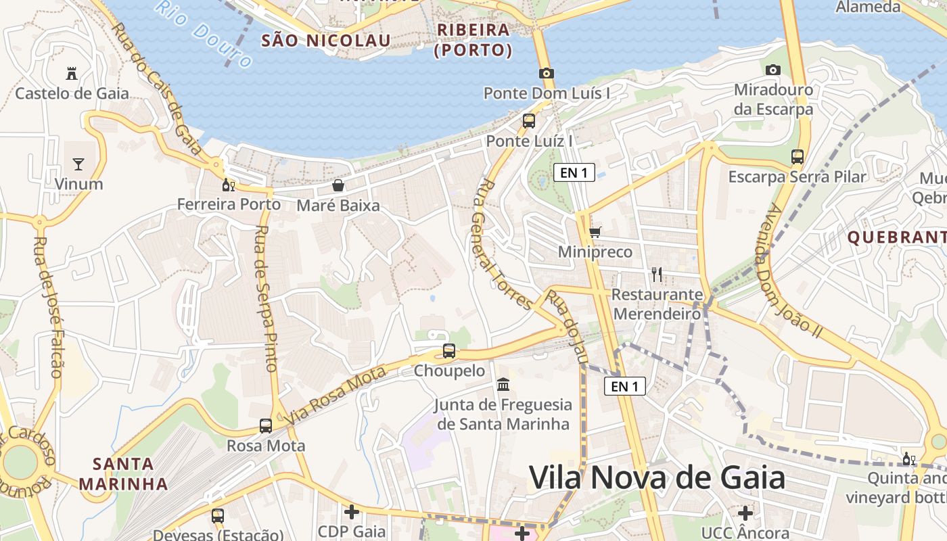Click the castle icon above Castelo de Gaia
coord(72,73)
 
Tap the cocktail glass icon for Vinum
coord(78,164)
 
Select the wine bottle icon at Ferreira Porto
coord(229,185)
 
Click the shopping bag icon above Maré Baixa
coord(338,185)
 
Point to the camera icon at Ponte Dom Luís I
coord(547,73)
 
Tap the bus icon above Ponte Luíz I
coord(529,121)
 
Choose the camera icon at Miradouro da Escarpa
coord(773,70)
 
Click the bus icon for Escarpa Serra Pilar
coord(798,157)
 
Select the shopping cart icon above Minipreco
coord(595,233)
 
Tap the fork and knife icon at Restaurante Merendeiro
coord(656,274)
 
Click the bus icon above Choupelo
coord(449,351)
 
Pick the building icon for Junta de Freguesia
coord(503,385)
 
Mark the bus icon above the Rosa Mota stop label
coord(266,426)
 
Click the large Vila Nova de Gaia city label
coord(657,478)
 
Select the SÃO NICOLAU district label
coord(326,41)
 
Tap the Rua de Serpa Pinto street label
coord(267,298)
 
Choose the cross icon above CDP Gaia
coord(352,512)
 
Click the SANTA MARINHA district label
coord(123,474)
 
